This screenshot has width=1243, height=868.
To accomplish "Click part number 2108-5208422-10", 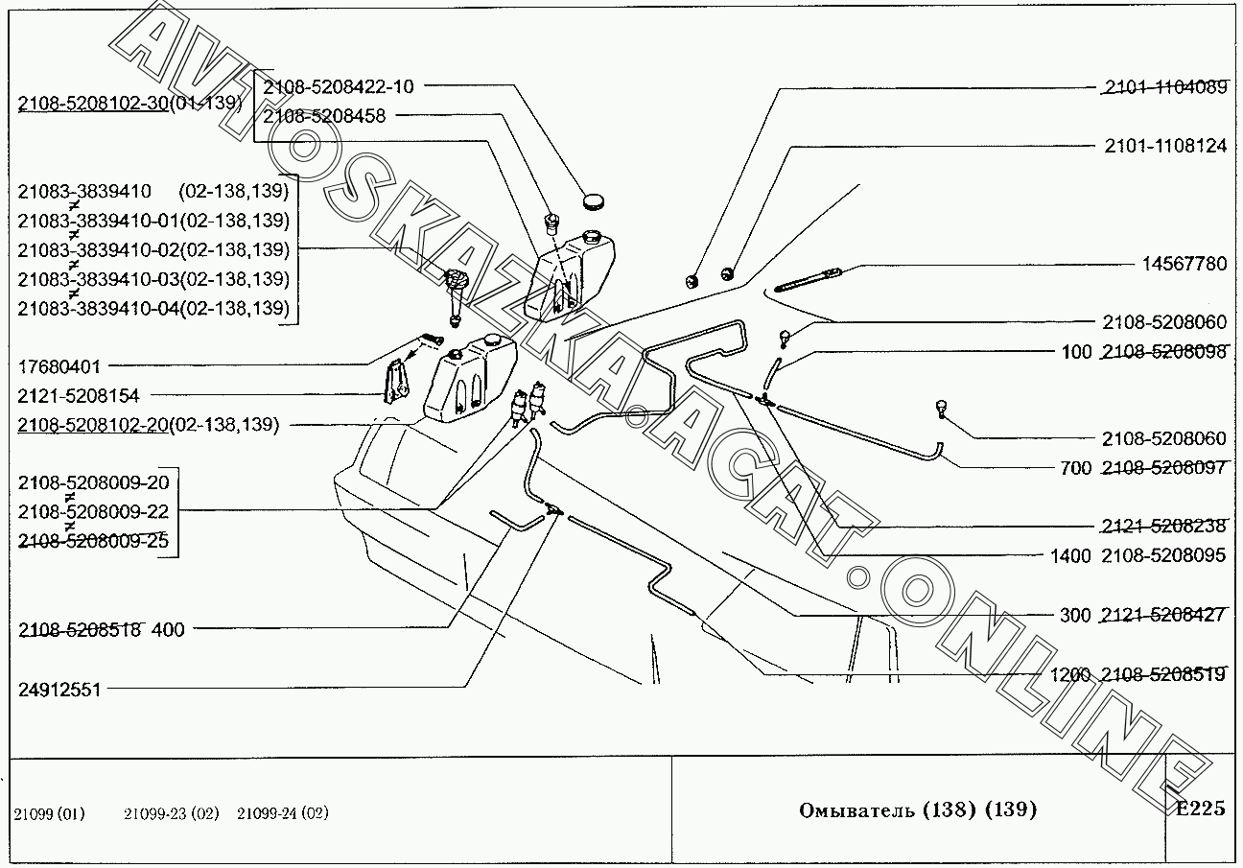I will coord(338,87).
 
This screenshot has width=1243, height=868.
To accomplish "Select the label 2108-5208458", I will coord(324,116).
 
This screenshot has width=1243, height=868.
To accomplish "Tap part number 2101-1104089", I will coord(1164,87).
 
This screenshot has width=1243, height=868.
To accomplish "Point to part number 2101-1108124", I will coord(1164,147).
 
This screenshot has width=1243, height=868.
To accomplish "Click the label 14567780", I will coord(1184,264).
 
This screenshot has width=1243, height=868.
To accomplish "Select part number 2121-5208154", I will coord(78,395).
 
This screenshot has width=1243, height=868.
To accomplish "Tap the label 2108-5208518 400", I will coord(101,630).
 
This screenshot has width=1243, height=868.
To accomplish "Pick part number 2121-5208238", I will coord(1164,526).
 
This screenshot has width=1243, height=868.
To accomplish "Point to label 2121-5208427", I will coord(1163,615).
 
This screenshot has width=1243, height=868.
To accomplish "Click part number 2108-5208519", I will coord(1163,674).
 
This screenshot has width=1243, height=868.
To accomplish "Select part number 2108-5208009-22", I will coord(93,511).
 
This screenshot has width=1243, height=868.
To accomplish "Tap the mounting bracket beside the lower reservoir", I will coord(395,382).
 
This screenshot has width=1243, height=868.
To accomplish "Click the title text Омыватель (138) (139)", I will coord(918,810).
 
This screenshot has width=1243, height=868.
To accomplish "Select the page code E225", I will coord(1200,809).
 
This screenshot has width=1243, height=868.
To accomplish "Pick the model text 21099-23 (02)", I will coord(171,813).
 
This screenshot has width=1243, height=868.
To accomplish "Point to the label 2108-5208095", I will coord(1163,555).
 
